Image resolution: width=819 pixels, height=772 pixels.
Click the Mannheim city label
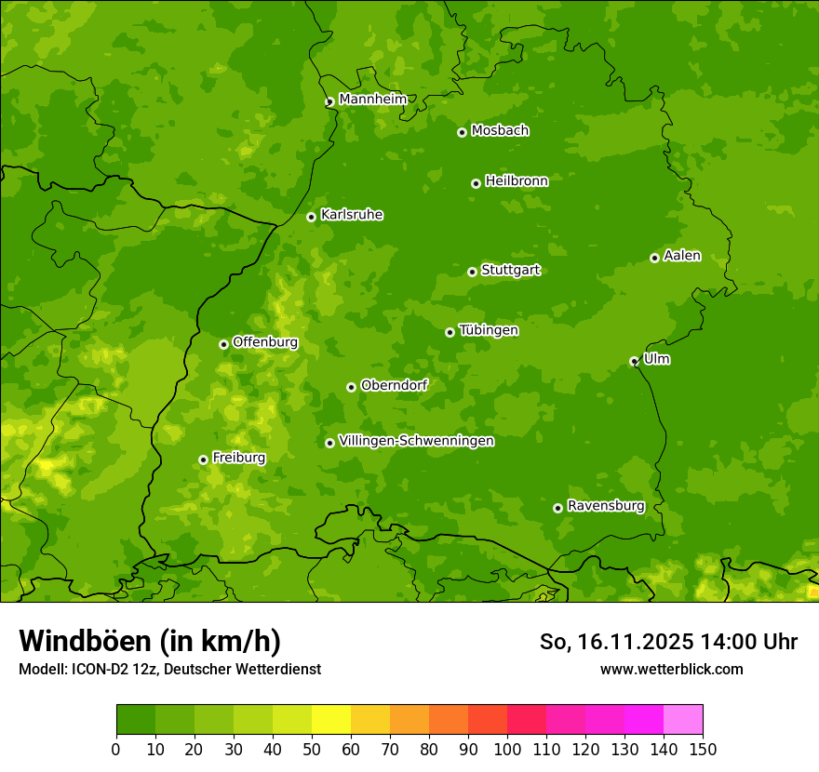[372, 100]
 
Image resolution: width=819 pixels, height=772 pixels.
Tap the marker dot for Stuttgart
[472, 272]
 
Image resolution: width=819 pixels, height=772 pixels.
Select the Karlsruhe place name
[351, 215]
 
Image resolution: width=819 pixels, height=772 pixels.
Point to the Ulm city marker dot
[634, 361]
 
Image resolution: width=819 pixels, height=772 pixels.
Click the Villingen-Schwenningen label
[416, 441]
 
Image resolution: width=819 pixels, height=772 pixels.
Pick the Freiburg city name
[238, 458]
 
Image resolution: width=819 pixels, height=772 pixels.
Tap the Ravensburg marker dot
[557, 508]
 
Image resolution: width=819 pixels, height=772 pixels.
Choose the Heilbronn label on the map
[516, 181]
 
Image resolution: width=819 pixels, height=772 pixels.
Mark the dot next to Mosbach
[462, 132]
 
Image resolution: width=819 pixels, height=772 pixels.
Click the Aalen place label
[682, 256]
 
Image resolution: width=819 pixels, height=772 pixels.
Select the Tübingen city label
[488, 330]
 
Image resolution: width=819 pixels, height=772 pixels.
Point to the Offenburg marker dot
[223, 344]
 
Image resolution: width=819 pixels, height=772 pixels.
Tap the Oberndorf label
[394, 385]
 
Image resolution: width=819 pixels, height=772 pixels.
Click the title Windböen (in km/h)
[149, 641]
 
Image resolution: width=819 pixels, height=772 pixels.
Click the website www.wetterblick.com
[671, 669]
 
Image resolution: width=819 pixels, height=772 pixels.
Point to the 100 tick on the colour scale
[507, 749]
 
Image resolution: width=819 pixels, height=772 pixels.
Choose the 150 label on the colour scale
[703, 749]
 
